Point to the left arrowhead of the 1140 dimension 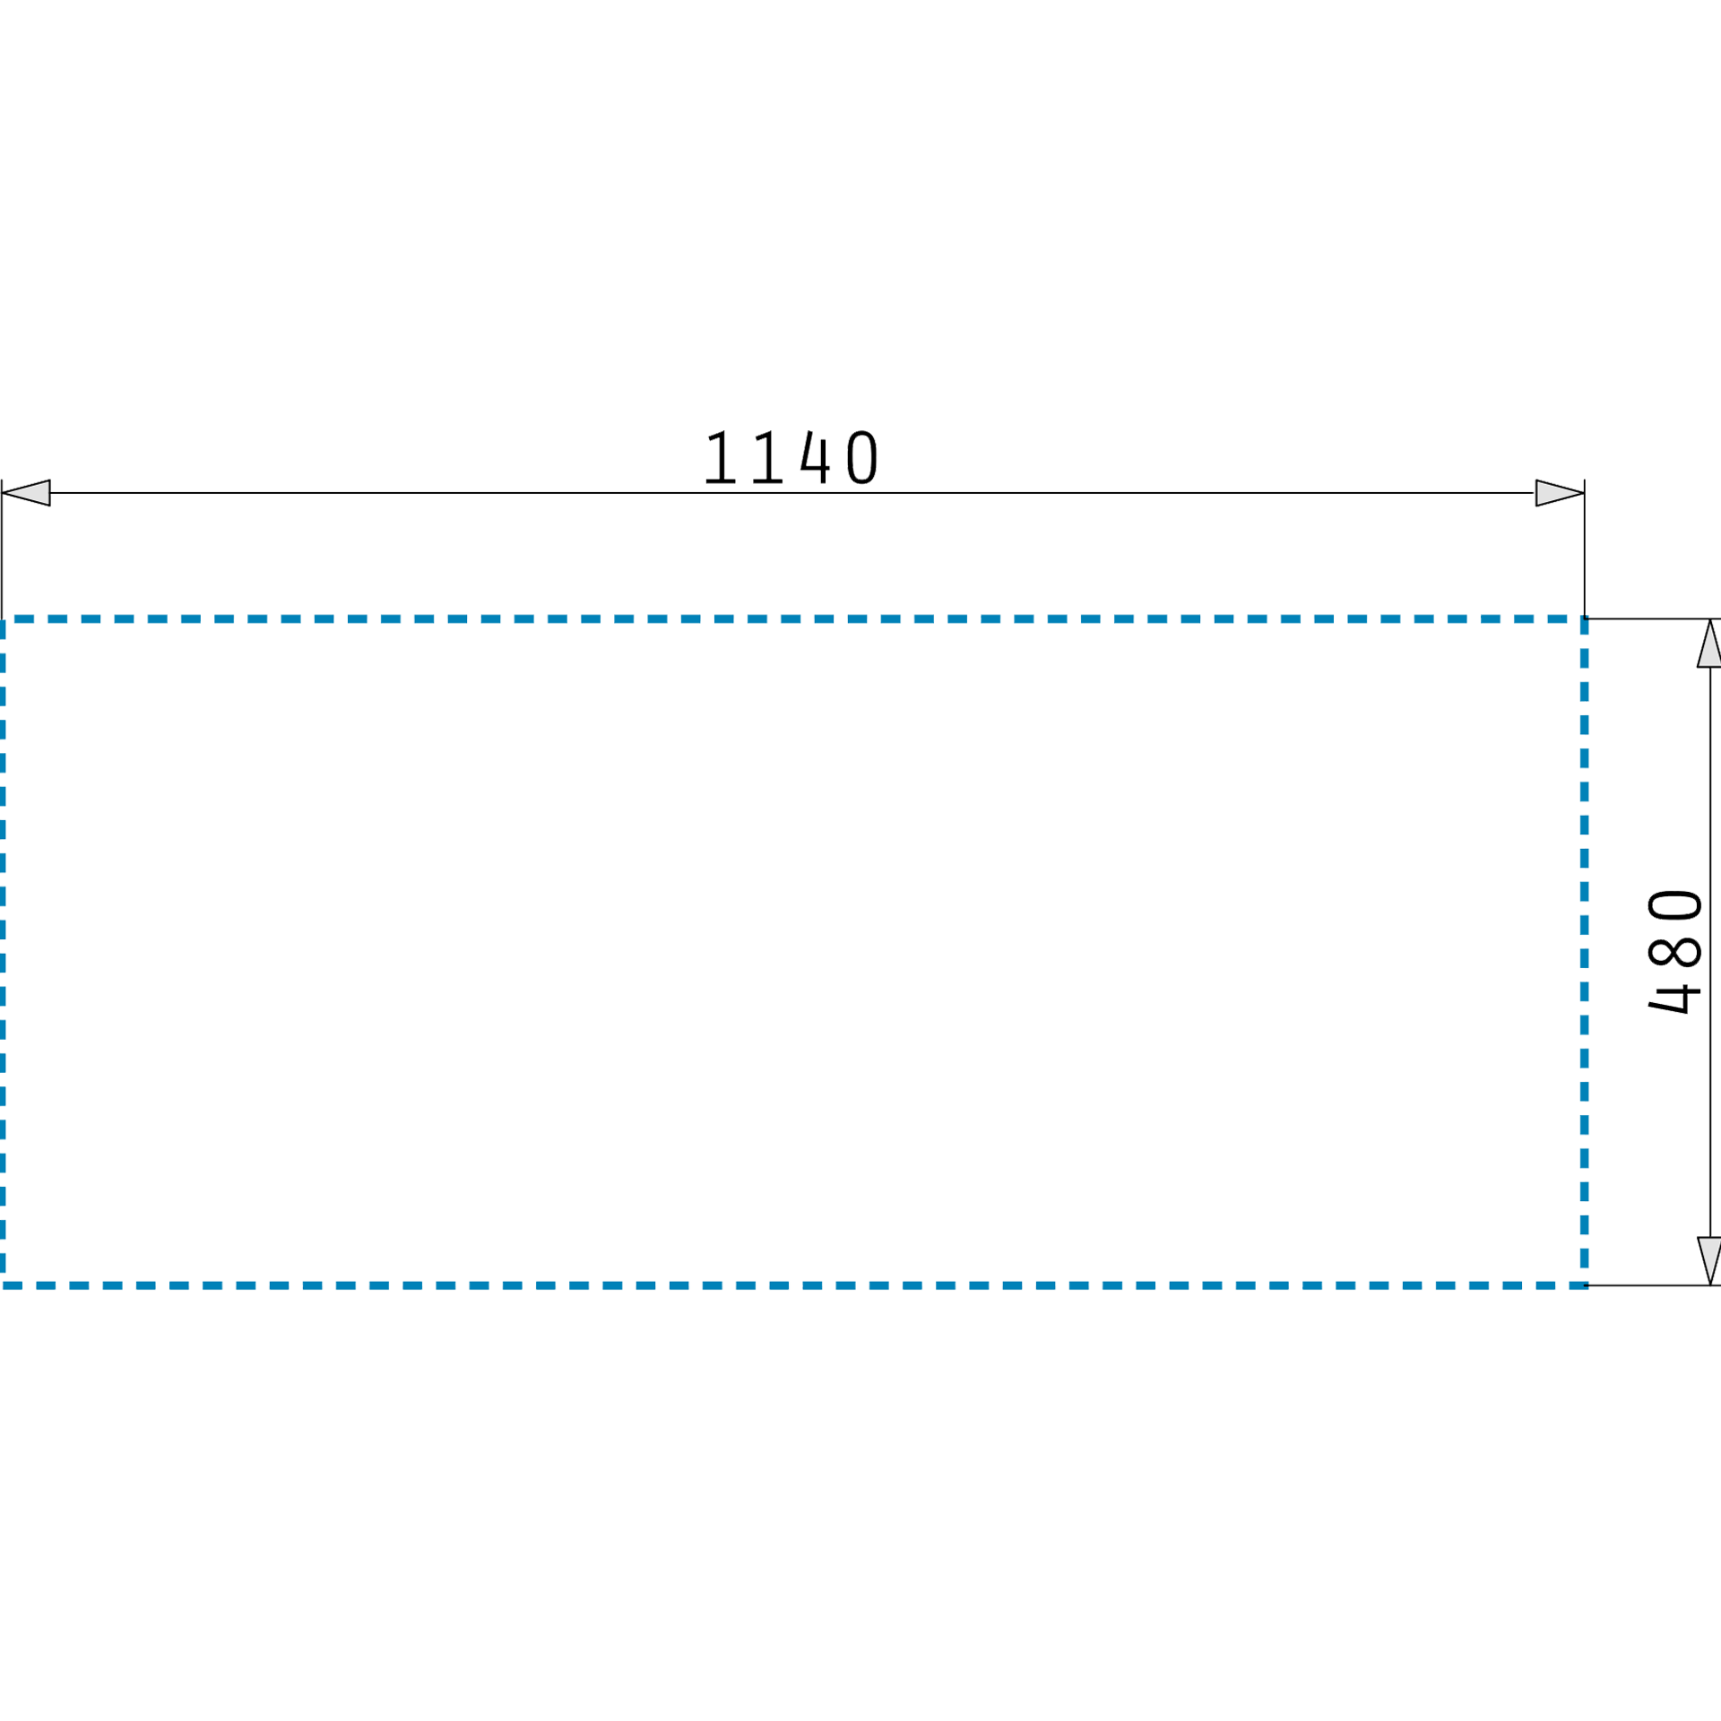(x=25, y=493)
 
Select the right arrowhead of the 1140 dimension (x=1560, y=493)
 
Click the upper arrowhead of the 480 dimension (x=1709, y=644)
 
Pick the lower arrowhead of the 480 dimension (x=1709, y=1262)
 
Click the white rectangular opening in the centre (x=792, y=951)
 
